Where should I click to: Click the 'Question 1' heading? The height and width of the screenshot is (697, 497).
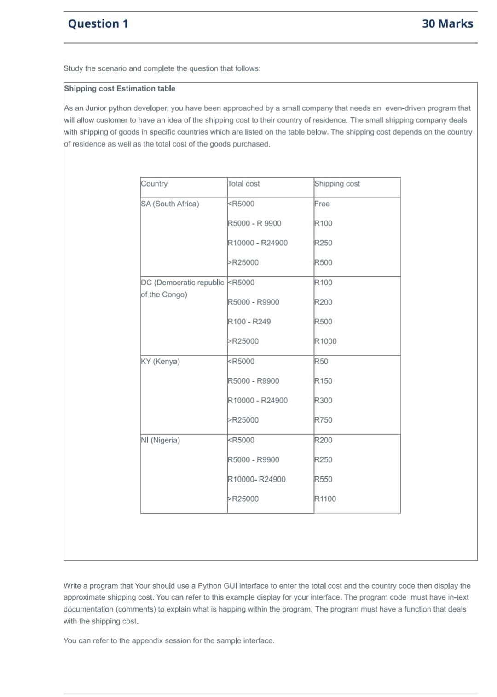(x=98, y=24)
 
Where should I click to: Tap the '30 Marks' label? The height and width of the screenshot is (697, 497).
(x=447, y=24)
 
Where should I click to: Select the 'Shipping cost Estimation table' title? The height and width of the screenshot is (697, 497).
(x=120, y=89)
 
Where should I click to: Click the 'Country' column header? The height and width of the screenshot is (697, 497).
(x=154, y=184)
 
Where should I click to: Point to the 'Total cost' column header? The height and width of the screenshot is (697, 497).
(x=244, y=184)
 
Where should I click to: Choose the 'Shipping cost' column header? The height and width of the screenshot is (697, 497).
(x=337, y=184)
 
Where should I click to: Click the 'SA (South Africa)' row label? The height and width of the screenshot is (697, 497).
(x=170, y=204)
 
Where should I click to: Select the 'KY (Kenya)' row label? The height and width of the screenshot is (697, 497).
(x=160, y=362)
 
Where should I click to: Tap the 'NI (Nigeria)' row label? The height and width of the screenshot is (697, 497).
(x=160, y=440)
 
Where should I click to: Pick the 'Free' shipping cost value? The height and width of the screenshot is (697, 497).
(x=322, y=204)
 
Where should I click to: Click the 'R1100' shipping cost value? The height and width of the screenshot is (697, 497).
(x=325, y=499)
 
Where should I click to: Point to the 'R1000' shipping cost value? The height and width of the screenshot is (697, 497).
(x=325, y=341)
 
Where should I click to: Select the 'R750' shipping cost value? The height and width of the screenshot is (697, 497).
(x=323, y=420)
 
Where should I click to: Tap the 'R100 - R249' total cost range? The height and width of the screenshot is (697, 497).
(x=249, y=322)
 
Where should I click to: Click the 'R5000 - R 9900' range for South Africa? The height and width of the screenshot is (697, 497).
(x=254, y=223)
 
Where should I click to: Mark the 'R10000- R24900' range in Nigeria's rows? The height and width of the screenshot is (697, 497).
(x=257, y=479)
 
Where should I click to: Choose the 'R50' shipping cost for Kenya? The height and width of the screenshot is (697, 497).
(x=321, y=362)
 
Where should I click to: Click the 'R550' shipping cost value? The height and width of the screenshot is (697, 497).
(x=323, y=479)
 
